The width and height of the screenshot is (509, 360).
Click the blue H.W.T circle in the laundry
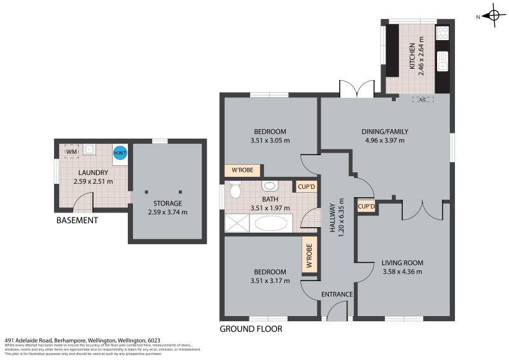120,153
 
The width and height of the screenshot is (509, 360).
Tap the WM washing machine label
72,152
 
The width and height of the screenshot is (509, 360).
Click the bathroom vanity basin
269,186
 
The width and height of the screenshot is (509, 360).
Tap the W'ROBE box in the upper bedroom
242,170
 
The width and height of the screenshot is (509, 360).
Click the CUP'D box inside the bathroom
307,187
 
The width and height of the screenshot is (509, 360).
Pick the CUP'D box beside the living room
366,207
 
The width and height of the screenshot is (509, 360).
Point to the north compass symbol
492,15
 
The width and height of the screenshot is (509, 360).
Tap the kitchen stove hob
442,32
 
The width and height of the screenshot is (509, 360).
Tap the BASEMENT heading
77,221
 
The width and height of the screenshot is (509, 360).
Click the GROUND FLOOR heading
251,329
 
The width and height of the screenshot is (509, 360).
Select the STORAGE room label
167,204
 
